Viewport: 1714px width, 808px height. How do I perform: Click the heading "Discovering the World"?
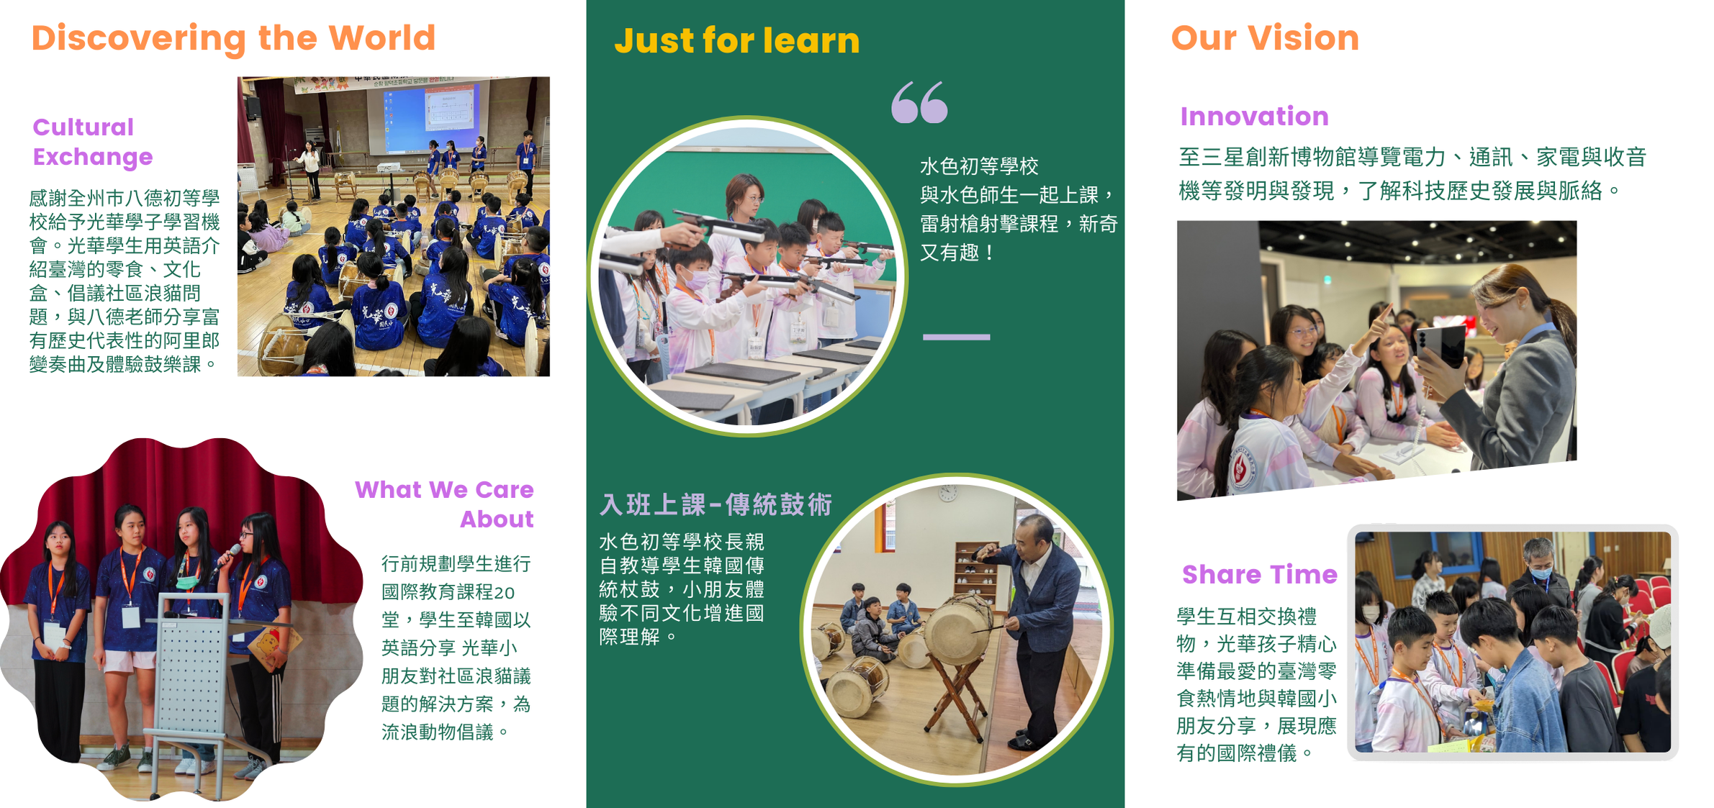[233, 39]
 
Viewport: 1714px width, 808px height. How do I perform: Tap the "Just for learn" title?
[736, 40]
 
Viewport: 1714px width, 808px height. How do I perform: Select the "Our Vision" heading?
[1265, 38]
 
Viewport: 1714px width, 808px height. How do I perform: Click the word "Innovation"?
[1254, 117]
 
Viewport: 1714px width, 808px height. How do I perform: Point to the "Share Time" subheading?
[1259, 574]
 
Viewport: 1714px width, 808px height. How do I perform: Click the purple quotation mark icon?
[919, 102]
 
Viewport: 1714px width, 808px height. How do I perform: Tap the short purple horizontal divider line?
[956, 337]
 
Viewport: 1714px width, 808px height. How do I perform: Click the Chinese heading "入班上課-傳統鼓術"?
[716, 504]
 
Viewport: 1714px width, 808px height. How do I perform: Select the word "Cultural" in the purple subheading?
[83, 127]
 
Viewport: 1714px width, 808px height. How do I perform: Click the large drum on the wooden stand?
[959, 628]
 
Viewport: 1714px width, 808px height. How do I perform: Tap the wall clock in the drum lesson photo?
[948, 493]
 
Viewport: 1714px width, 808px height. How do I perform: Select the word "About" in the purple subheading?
[497, 519]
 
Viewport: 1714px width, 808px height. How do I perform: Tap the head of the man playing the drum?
[1035, 534]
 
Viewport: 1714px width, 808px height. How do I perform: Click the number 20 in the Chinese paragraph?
[504, 592]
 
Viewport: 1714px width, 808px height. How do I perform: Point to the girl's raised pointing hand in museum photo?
[1379, 322]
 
